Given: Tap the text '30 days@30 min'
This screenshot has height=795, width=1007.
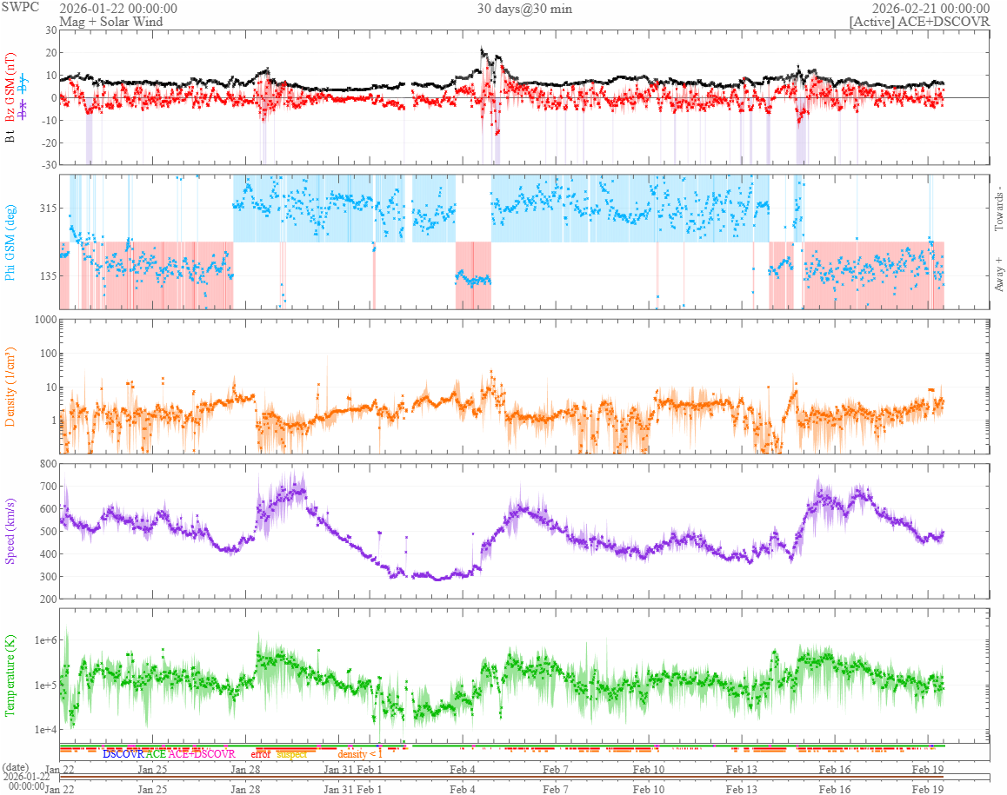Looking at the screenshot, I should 524,9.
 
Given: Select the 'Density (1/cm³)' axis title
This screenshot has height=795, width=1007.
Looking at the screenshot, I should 11,387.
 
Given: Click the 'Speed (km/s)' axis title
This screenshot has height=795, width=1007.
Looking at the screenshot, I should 11,531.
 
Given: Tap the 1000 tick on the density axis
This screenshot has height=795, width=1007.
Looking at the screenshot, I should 43,320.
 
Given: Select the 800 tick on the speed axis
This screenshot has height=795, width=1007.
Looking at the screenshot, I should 46,464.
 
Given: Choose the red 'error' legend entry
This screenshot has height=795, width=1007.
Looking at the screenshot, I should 260,754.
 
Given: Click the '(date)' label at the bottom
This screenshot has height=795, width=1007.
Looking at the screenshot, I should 16,767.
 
